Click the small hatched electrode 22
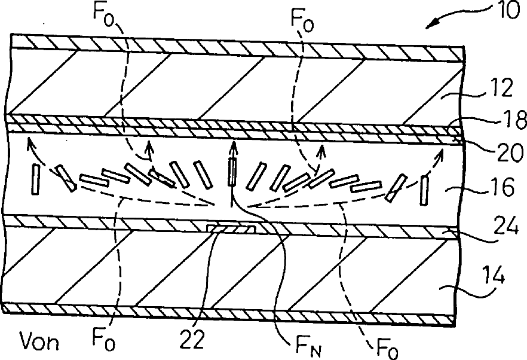pyautogui.click(x=231, y=229)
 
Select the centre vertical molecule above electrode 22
pyautogui.click(x=232, y=170)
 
